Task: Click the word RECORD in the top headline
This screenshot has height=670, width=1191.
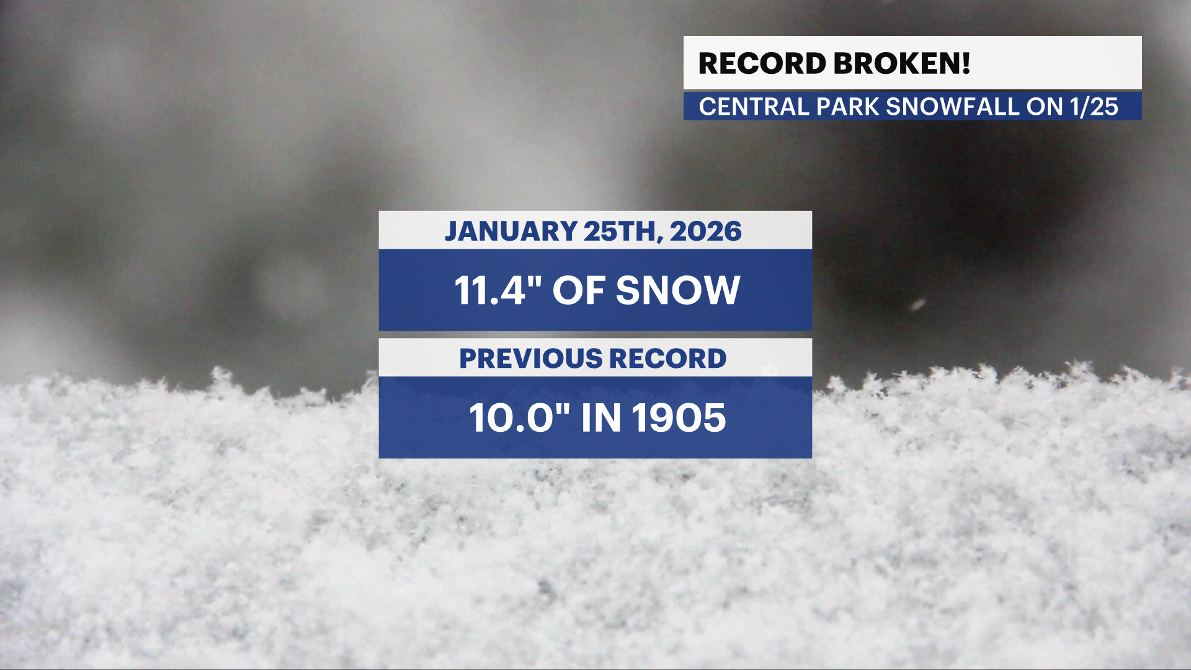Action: [x=762, y=63]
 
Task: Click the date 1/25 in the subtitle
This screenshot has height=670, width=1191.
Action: [x=1094, y=107]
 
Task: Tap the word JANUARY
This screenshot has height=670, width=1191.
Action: [x=511, y=231]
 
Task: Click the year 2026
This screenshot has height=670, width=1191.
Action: [x=705, y=231]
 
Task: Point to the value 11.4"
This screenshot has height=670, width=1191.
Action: [x=499, y=290]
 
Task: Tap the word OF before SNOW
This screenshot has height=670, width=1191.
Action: [x=579, y=290]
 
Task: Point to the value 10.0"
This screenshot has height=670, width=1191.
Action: [x=519, y=418]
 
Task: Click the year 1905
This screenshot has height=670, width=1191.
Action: [x=679, y=418]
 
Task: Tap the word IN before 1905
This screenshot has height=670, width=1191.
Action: [x=601, y=418]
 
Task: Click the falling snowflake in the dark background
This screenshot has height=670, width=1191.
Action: [x=918, y=304]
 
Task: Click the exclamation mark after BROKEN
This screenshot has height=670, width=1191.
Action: [x=966, y=63]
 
